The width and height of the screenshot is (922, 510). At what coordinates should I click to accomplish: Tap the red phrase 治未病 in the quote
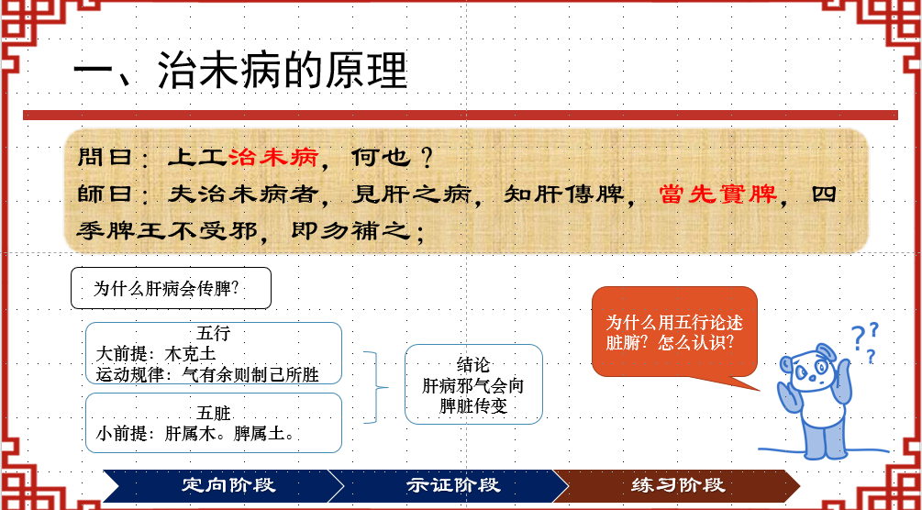(273, 157)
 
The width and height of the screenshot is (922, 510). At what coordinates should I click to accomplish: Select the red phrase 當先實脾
(718, 194)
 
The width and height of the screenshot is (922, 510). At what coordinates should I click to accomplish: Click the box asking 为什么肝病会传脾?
(171, 288)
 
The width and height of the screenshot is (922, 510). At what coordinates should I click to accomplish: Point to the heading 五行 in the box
(214, 334)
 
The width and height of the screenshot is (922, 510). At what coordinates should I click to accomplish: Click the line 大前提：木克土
(156, 354)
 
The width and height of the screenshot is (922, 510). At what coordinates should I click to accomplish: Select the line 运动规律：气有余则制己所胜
(207, 374)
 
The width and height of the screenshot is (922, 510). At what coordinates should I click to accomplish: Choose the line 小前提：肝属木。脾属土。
(194, 434)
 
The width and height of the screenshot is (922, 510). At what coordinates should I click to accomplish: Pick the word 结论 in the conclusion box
(473, 364)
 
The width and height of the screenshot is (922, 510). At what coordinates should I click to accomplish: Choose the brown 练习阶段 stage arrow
(676, 485)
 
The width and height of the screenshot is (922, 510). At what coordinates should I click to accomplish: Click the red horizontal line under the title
(461, 115)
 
